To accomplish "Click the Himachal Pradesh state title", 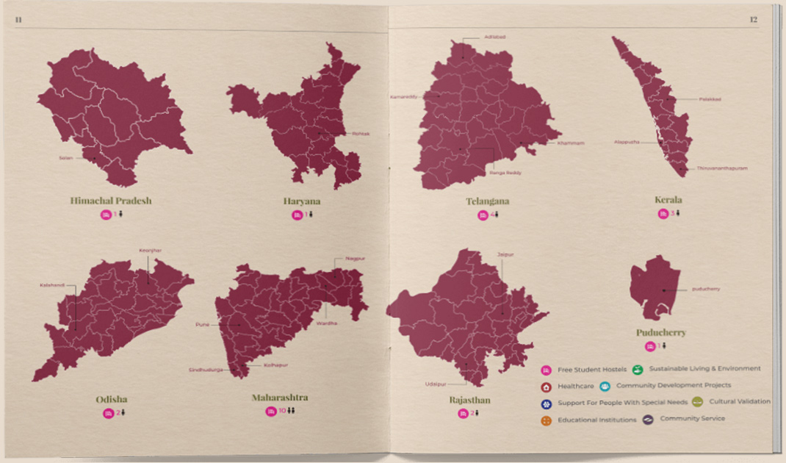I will coord(110,201).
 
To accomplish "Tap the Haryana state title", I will coord(301,201).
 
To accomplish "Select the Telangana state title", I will coord(487,201).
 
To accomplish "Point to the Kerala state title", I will coord(668,200).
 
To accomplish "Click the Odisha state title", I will coord(111,400).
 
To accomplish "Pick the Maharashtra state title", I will coord(280,398).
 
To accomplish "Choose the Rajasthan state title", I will coord(469,401).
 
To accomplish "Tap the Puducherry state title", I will coord(660,332).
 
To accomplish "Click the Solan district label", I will coord(66,157).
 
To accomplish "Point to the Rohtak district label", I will coord(360,133).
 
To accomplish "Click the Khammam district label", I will coord(571,143).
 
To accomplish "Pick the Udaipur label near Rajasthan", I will coord(436,384).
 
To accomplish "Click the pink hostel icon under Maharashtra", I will coord(271,412).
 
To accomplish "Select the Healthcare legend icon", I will coord(546,387).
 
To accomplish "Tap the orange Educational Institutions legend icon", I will coord(546,421).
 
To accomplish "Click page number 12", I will coord(753,20).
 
